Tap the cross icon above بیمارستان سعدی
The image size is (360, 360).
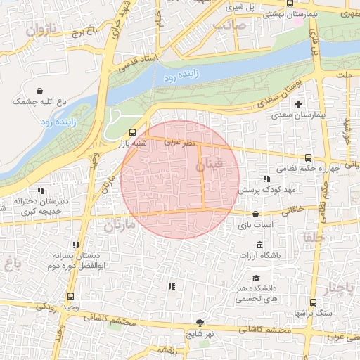298,104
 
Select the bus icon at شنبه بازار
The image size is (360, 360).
132,131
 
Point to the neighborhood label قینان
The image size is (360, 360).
208,166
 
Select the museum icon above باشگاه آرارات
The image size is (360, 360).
260,245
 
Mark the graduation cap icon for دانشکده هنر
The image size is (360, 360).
255,278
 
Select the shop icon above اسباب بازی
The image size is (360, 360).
255,214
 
